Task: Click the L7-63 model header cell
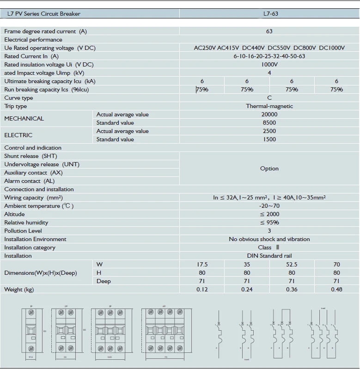[269, 14]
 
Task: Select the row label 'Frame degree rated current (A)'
[45, 31]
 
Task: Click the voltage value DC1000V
[332, 48]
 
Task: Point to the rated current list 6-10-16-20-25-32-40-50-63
[269, 56]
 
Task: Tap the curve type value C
[269, 98]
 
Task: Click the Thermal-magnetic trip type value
[269, 106]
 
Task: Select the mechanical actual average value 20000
[269, 115]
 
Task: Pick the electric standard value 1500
[269, 139]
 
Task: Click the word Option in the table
[269, 169]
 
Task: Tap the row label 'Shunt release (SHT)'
[31, 156]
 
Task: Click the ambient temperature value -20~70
[269, 206]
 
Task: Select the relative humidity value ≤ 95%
[269, 223]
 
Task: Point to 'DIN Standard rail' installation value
[269, 256]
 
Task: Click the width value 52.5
[292, 265]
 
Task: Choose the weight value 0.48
[336, 290]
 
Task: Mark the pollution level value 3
[269, 231]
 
